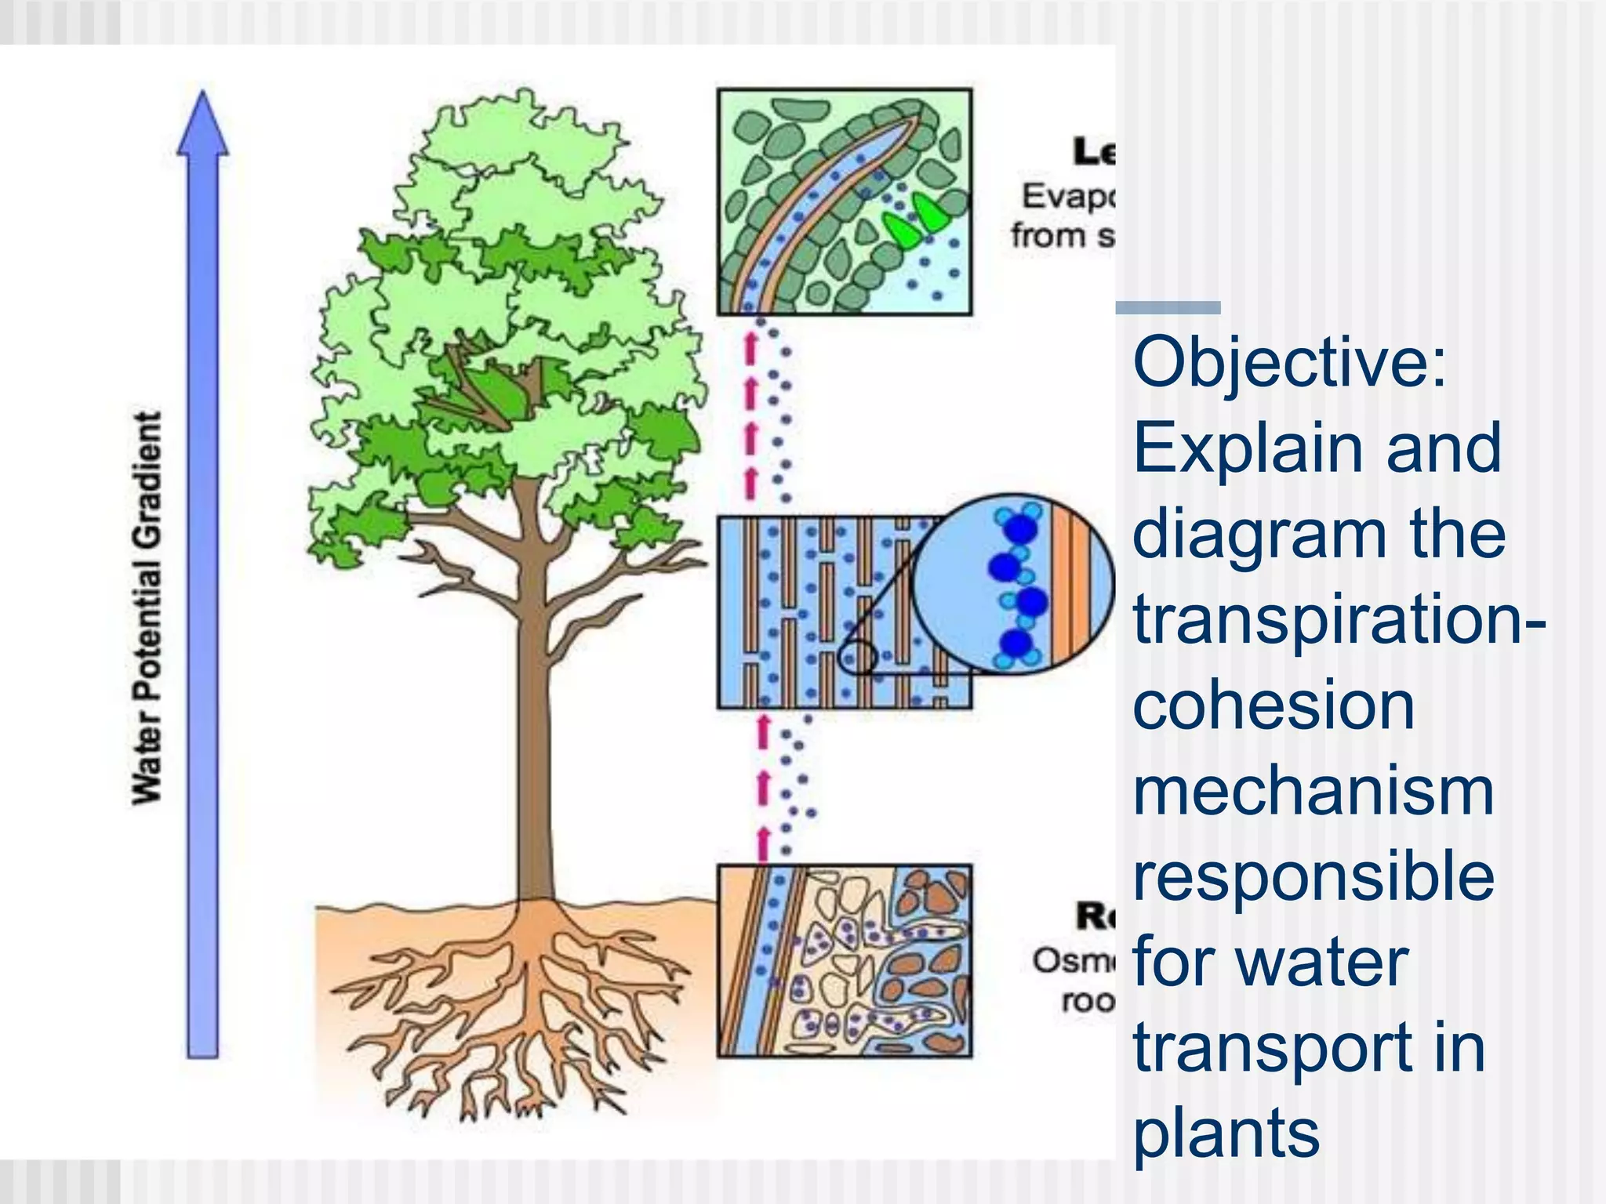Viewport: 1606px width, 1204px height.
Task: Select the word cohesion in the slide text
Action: click(x=1274, y=705)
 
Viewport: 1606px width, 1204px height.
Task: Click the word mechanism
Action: click(x=1314, y=792)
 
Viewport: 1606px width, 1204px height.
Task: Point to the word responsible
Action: click(x=1314, y=878)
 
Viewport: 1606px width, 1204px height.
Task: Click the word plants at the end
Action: click(x=1226, y=1133)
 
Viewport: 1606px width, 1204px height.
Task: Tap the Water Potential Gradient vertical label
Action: click(x=147, y=607)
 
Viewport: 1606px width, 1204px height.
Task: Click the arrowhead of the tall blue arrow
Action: click(x=203, y=125)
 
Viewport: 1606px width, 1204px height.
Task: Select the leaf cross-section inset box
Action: click(x=845, y=201)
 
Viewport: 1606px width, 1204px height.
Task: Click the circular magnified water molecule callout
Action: click(x=1012, y=584)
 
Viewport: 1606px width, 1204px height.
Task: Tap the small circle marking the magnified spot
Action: click(x=856, y=657)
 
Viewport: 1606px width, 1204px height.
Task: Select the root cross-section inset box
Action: click(x=845, y=961)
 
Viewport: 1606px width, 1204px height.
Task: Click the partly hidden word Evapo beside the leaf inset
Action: click(x=1066, y=196)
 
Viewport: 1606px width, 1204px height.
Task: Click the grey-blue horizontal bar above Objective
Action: click(x=1168, y=308)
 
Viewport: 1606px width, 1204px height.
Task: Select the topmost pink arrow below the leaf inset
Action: click(x=750, y=346)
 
